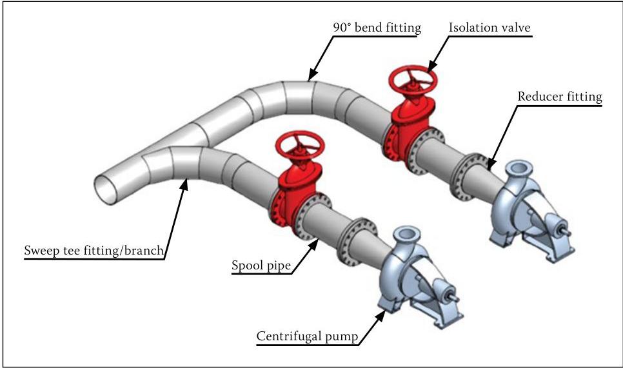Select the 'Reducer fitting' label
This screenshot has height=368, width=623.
tap(559, 97)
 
